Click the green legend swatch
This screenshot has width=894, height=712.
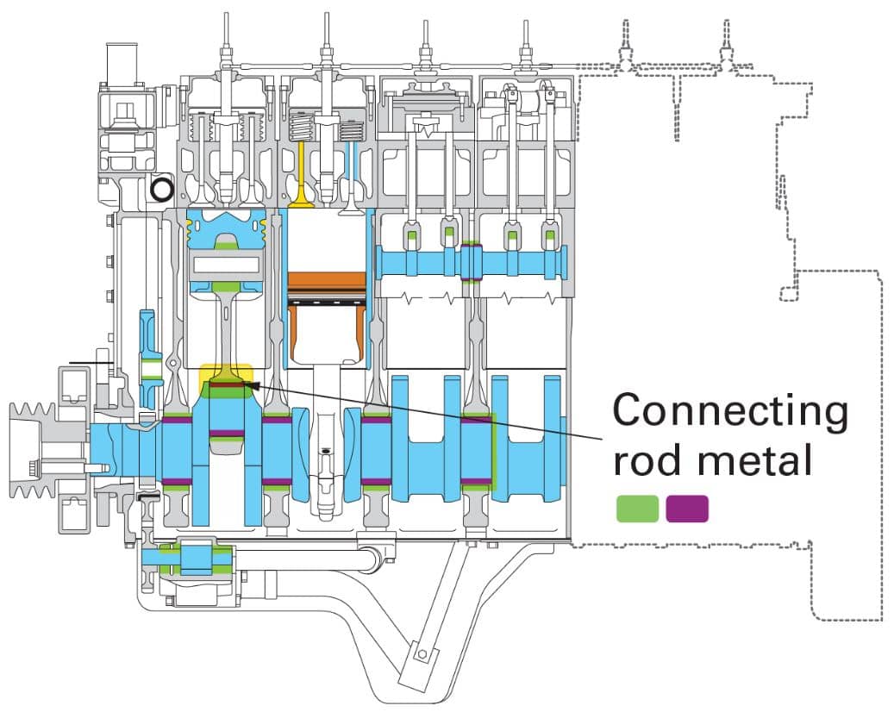click(x=637, y=509)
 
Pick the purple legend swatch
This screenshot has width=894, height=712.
click(x=687, y=509)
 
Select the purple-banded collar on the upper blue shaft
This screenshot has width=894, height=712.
click(x=471, y=262)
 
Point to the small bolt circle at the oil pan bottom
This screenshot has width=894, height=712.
click(x=422, y=654)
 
